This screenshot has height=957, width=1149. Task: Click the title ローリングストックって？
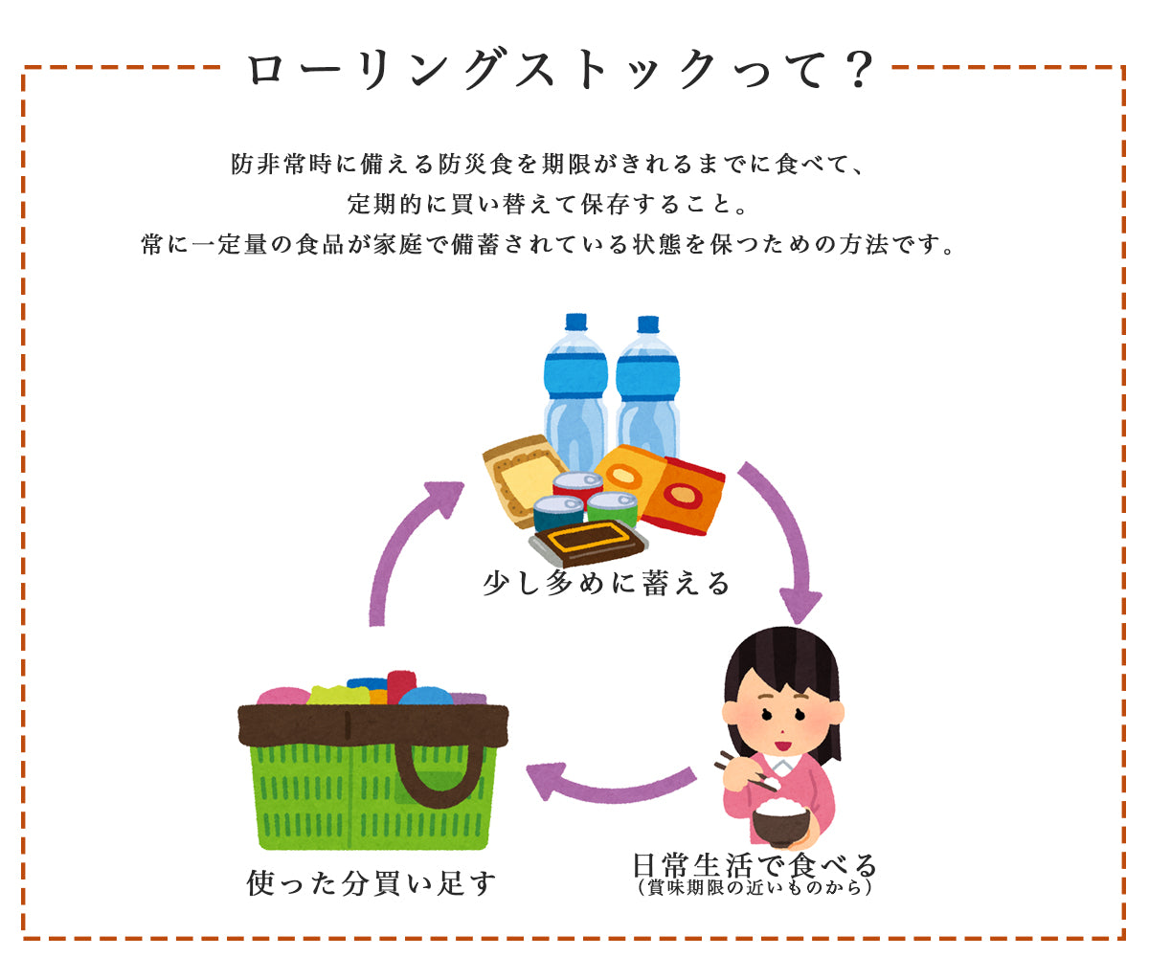pyautogui.click(x=559, y=69)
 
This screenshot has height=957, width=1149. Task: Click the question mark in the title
pyautogui.click(x=859, y=69)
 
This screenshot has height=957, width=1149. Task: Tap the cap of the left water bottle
pyautogui.click(x=575, y=322)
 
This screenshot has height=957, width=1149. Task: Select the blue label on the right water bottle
pyautogui.click(x=647, y=378)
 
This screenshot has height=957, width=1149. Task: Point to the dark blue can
pyautogui.click(x=558, y=513)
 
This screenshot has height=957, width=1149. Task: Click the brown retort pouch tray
pyautogui.click(x=588, y=542)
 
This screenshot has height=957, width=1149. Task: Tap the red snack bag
pyautogui.click(x=684, y=496)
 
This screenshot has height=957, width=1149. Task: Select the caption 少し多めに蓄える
pyautogui.click(x=606, y=584)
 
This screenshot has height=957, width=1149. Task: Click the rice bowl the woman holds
pyautogui.click(x=781, y=822)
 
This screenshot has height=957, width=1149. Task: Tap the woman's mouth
pyautogui.click(x=783, y=746)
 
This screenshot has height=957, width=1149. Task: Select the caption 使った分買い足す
pyautogui.click(x=372, y=884)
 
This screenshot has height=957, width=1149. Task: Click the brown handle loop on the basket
pyautogui.click(x=438, y=774)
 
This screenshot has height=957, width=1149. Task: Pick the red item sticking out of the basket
pyautogui.click(x=402, y=687)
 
